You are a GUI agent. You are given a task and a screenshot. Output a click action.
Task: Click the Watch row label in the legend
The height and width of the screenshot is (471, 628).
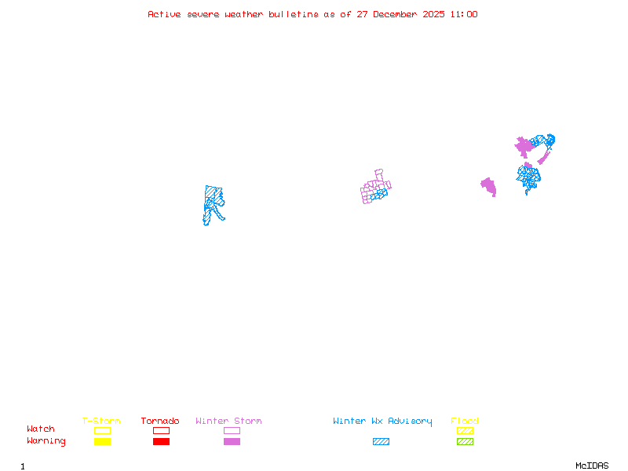[x=41, y=429]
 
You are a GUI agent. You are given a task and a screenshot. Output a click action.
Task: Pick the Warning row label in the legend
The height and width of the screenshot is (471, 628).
[x=46, y=441]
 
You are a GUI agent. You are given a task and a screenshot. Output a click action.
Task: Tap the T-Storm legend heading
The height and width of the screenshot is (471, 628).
[x=101, y=422]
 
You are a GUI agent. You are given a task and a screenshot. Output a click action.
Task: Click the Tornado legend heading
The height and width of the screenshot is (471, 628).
[x=160, y=422]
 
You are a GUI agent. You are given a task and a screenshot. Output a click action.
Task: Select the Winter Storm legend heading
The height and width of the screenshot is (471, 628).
[x=228, y=422]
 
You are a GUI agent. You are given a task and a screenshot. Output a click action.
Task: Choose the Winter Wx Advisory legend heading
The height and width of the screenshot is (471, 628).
[x=382, y=422]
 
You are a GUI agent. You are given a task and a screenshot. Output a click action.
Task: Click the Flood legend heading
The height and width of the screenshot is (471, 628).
[x=465, y=422]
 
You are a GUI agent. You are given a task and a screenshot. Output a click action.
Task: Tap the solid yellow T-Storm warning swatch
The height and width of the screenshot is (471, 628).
[x=102, y=442]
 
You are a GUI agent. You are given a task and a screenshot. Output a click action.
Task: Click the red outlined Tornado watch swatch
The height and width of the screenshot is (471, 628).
[x=161, y=430]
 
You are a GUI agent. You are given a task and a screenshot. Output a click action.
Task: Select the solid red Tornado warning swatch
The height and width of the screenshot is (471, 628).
[x=161, y=442]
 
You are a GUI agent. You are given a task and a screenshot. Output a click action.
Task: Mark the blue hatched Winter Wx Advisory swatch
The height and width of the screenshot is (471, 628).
[x=381, y=442]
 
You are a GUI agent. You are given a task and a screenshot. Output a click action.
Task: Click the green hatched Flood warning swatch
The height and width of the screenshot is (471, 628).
[x=465, y=442]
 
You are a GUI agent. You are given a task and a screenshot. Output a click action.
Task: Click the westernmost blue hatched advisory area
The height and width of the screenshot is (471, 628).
[x=212, y=203]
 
